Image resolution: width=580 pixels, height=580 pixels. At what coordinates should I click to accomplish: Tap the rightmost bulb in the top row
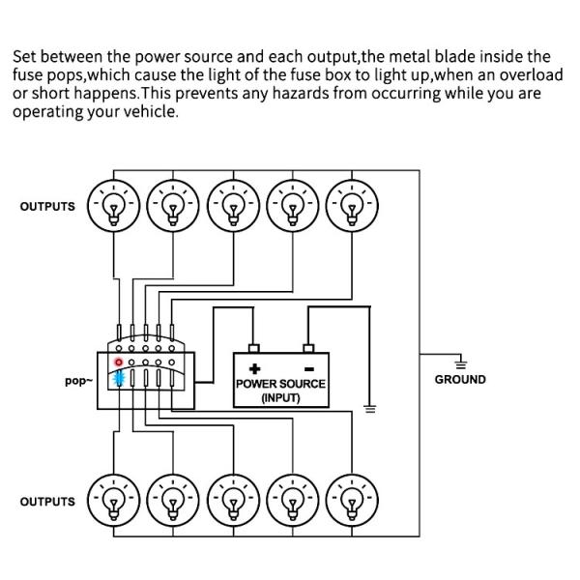tap(352, 205)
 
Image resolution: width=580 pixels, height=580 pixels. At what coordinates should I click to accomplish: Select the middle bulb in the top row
tap(233, 205)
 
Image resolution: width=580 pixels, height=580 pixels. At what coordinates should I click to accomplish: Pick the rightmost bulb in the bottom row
tap(352, 501)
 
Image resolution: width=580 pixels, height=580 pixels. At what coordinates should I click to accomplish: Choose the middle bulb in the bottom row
tap(233, 501)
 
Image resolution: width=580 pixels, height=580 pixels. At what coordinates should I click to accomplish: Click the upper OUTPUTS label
tap(47, 207)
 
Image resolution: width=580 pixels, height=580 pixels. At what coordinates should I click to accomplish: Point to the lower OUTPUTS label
tap(47, 502)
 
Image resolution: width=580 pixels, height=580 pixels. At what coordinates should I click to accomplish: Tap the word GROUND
tap(460, 380)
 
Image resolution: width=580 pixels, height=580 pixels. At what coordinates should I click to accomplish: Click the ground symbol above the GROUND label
tap(460, 362)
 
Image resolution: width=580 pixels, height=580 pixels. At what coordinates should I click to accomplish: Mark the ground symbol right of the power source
tap(368, 408)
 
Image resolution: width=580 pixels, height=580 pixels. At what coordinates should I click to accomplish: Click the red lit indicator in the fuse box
tap(119, 362)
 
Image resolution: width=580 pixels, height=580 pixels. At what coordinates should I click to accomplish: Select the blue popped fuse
tap(120, 378)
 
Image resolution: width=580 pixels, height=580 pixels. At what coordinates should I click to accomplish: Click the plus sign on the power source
tap(255, 368)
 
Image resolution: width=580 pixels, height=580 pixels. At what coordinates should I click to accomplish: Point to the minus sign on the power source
tap(309, 368)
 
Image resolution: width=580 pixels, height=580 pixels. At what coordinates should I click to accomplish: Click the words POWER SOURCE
tap(281, 384)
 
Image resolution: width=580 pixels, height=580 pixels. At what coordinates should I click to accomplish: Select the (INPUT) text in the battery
tap(281, 398)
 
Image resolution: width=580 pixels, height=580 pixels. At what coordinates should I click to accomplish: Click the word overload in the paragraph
tap(528, 74)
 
